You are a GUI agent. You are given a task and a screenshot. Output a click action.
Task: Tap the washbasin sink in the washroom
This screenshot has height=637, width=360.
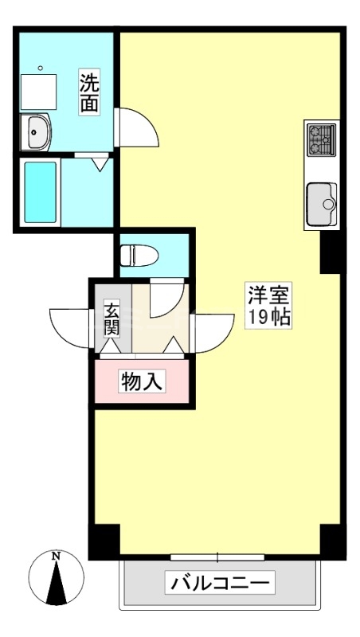tap(37, 132)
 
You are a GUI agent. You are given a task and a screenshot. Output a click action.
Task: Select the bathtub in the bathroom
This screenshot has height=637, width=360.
tap(40, 193)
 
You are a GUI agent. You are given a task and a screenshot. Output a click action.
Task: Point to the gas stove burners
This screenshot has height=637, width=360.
tap(322, 139)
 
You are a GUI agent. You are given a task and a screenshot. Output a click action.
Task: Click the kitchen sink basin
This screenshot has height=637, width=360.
tap(322, 204)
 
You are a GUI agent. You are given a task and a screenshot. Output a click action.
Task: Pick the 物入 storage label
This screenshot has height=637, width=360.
tap(142, 382)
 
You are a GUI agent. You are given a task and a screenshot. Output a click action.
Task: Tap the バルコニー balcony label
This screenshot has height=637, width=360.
tap(220, 584)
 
